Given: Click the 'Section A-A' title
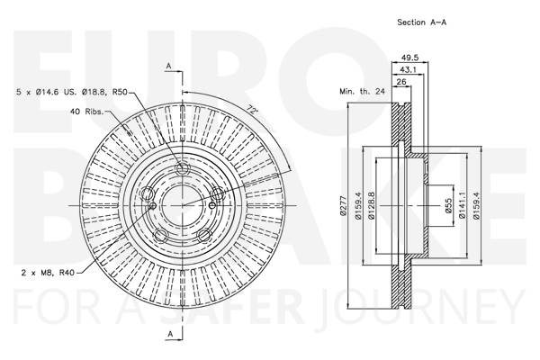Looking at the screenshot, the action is click(422, 22).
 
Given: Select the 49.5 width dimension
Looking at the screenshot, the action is click(409, 58).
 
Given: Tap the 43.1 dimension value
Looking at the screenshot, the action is click(408, 69).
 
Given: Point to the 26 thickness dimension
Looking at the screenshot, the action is click(401, 82).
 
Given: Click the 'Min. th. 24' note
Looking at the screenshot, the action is click(362, 92).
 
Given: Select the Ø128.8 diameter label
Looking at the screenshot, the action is click(372, 205).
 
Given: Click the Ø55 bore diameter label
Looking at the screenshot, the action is click(448, 206).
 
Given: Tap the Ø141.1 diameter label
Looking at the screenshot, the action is click(463, 205).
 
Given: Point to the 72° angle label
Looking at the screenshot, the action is click(252, 110).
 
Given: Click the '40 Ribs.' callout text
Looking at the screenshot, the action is click(86, 112).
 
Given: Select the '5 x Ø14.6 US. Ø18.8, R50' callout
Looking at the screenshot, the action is click(72, 92).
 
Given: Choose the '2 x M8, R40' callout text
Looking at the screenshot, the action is click(48, 273).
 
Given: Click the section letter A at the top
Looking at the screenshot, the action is click(169, 66).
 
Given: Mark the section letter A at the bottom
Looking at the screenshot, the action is click(170, 334).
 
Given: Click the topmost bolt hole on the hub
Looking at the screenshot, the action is click(182, 169).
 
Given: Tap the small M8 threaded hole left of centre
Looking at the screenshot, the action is click(153, 206).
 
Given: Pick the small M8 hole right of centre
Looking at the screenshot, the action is click(211, 206).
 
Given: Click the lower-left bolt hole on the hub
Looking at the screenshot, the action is click(160, 235).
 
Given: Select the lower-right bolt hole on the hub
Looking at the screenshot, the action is click(204, 235).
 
